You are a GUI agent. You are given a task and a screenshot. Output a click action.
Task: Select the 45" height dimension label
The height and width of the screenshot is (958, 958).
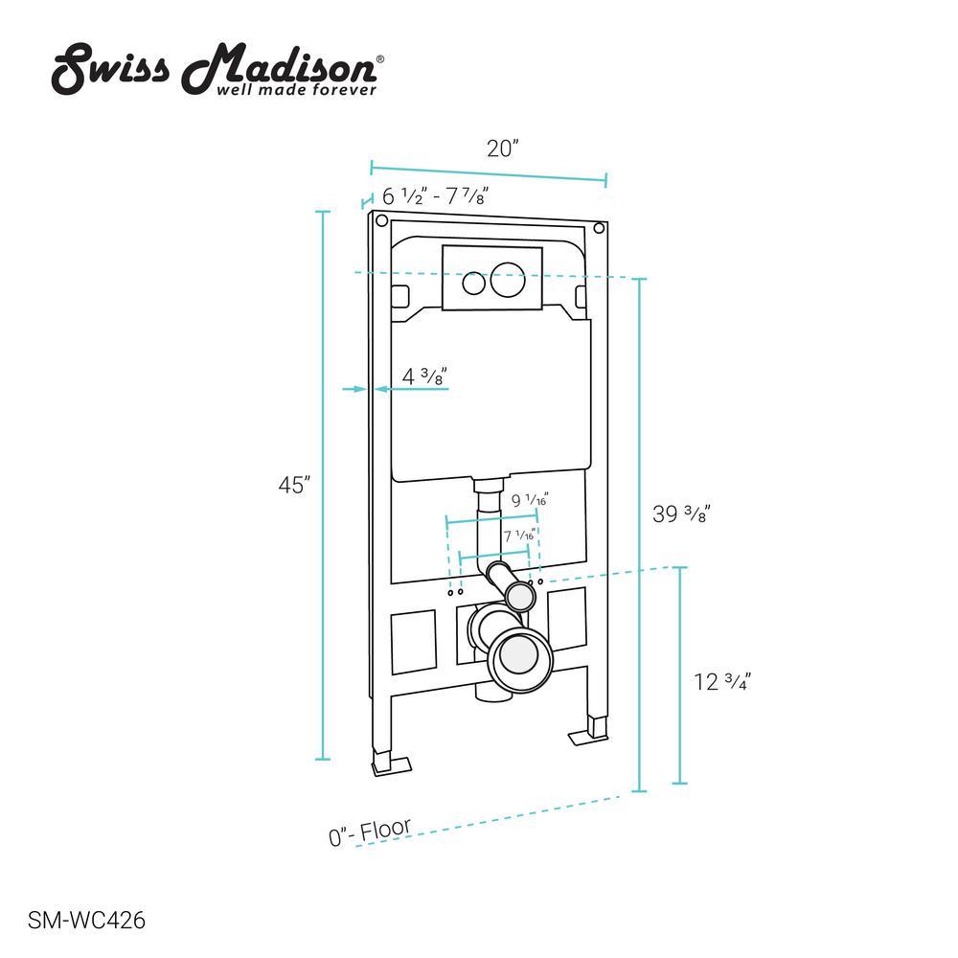tap(293, 486)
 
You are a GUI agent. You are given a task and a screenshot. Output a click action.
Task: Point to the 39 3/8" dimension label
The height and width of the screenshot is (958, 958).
tap(681, 513)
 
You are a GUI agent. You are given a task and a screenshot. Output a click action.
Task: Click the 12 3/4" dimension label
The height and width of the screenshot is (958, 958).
tap(721, 682)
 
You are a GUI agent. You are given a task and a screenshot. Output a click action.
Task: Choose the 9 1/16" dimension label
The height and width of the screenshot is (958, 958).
tap(529, 501)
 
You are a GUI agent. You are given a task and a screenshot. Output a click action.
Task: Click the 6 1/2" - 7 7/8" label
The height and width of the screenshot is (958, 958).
tap(436, 196)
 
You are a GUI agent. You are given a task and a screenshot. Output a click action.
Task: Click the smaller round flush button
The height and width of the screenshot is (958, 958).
tap(473, 284)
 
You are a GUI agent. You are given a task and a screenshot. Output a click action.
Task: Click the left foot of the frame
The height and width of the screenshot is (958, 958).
tap(389, 764)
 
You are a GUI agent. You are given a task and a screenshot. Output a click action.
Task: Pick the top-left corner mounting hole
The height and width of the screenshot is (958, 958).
tap(380, 223)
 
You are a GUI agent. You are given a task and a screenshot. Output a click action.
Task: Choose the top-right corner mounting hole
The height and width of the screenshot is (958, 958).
tap(599, 228)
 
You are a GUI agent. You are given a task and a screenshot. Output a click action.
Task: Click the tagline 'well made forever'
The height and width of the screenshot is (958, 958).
tap(298, 89)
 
